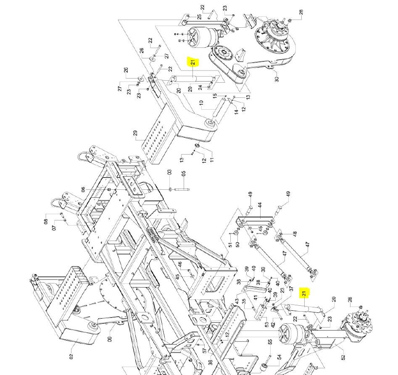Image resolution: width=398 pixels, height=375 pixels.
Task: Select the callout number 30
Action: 277,78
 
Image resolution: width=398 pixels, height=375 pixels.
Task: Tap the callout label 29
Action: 135,134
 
